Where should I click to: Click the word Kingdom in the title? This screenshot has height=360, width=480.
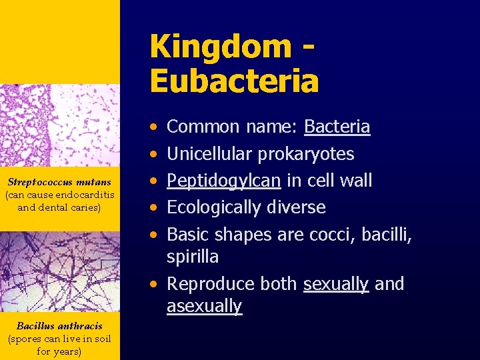tap(220, 47)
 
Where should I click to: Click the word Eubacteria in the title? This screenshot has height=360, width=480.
tap(234, 81)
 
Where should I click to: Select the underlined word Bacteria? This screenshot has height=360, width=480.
tap(337, 127)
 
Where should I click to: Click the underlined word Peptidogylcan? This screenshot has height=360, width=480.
tap(223, 181)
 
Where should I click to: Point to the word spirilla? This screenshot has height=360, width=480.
tap(193, 257)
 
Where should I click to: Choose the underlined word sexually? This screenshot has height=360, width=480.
tap(335, 284)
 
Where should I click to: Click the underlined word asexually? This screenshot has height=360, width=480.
tap(204, 306)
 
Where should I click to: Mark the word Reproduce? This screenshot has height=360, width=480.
tap(211, 284)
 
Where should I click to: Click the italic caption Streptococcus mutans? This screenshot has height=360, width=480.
tap(59, 182)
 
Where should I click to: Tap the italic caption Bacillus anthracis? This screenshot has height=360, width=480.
tap(59, 326)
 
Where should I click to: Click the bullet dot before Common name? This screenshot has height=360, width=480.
tap(154, 127)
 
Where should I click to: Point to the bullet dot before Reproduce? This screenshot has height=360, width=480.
tap(154, 285)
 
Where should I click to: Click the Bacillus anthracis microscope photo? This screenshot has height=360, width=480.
tap(59, 270)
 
